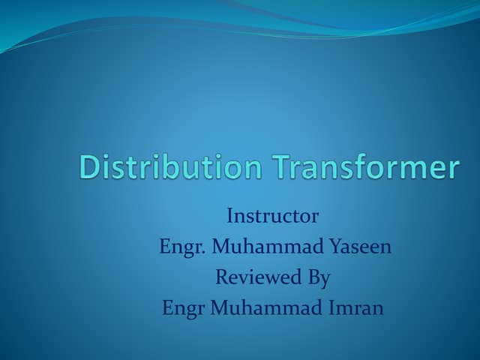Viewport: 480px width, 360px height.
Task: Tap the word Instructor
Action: click(272, 217)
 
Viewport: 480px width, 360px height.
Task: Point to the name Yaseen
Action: click(361, 247)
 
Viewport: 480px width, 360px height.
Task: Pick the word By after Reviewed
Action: click(318, 278)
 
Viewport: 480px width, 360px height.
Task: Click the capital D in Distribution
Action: click(88, 167)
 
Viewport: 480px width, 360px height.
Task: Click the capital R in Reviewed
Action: click(222, 277)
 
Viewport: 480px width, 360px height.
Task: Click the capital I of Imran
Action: click(329, 307)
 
